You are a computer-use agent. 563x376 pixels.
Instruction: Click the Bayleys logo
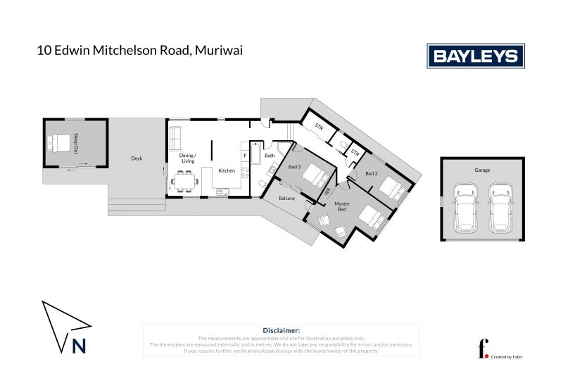click(x=475, y=56)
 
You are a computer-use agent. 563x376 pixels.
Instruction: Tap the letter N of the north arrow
click(x=79, y=346)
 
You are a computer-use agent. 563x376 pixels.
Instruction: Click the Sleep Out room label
click(x=76, y=143)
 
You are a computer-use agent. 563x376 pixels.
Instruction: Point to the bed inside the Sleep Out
click(x=60, y=143)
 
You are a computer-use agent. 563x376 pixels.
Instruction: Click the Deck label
click(x=137, y=158)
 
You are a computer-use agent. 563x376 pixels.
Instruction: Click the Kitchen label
click(x=227, y=171)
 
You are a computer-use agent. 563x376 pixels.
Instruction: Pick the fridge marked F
click(x=245, y=155)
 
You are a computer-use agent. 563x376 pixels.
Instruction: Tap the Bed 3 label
click(x=295, y=167)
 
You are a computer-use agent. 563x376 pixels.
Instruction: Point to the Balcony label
click(x=287, y=199)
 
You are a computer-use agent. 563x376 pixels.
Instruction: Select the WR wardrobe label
click(x=327, y=190)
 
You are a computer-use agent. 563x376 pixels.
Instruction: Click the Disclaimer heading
click(x=281, y=330)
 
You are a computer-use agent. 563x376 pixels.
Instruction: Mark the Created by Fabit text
click(x=506, y=357)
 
